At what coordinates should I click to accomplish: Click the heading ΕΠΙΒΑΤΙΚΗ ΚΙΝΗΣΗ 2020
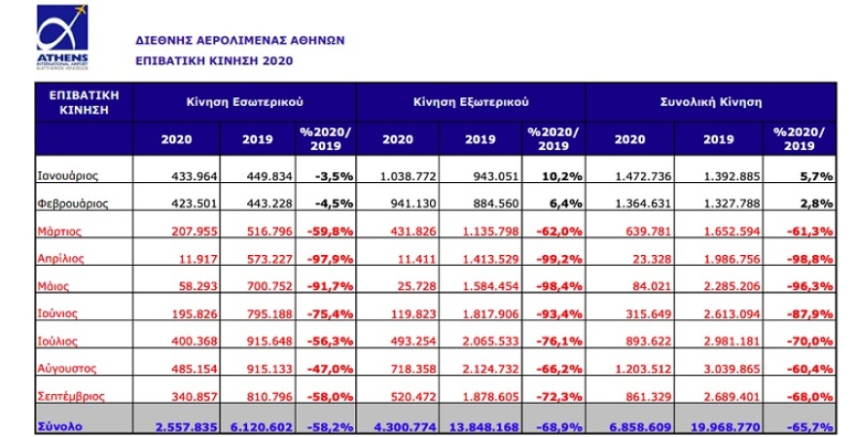(x=213, y=60)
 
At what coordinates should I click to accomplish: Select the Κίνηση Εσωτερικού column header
(x=244, y=101)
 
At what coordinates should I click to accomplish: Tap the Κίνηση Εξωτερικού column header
(x=471, y=101)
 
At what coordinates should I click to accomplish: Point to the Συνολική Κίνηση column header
(x=710, y=101)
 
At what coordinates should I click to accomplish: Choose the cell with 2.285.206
(x=731, y=287)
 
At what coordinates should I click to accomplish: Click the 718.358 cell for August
(x=415, y=370)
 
